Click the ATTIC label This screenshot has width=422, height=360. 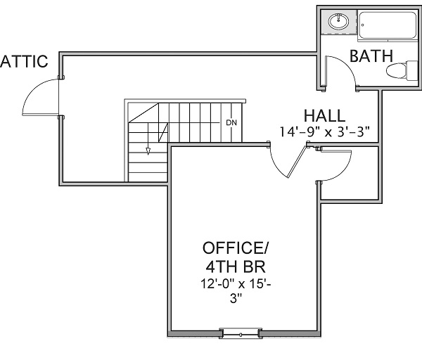(24, 61)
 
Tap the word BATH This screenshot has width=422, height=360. (371, 56)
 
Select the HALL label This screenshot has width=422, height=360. (324, 116)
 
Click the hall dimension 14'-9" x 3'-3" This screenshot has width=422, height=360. (324, 132)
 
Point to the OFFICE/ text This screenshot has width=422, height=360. (236, 247)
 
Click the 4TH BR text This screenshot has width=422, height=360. (236, 266)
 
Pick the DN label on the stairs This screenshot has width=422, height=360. (231, 123)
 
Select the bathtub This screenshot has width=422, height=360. (388, 25)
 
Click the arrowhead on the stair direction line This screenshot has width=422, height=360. (148, 151)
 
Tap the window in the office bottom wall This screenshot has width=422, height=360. (241, 334)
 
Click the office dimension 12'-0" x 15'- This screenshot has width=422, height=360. (236, 284)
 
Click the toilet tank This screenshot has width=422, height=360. (412, 70)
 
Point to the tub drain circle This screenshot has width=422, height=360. (362, 25)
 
